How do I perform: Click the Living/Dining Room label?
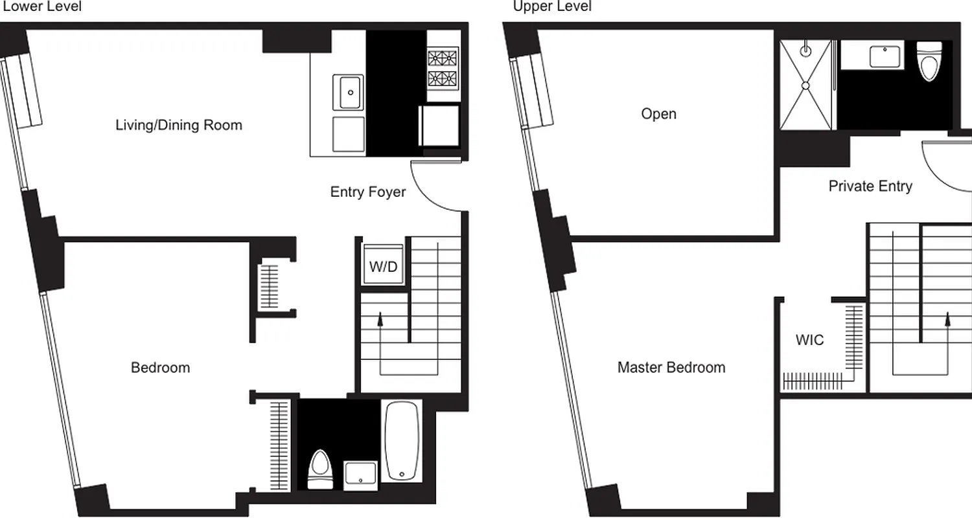[x=179, y=125]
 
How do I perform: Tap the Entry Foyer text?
[x=368, y=192]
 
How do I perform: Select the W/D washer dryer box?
[x=383, y=266]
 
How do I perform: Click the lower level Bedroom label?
[x=161, y=368]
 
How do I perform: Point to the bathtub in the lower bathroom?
[x=402, y=441]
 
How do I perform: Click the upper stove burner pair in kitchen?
[x=443, y=58]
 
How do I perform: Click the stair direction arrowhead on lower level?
[x=380, y=316]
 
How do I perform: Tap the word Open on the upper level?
[x=658, y=114]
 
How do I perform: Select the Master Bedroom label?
[x=671, y=368]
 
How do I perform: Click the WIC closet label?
[x=809, y=340]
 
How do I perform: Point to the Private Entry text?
[x=870, y=186]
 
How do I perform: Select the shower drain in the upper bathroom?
[x=805, y=85]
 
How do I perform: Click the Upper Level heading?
[x=552, y=6]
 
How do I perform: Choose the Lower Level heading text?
[x=42, y=6]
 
